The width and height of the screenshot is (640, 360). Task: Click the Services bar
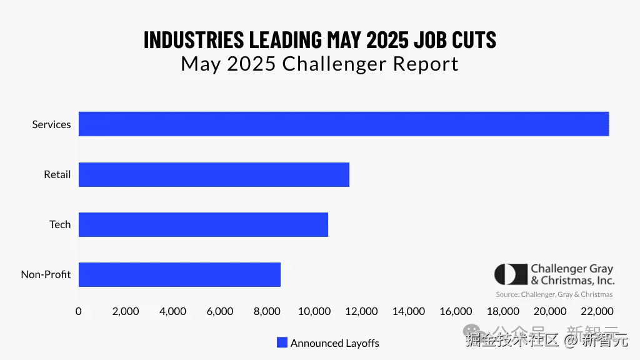343,124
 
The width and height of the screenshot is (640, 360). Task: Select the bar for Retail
214,174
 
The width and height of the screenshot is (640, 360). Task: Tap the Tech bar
203,224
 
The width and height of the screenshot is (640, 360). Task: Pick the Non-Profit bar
179,274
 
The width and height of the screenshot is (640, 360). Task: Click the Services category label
51,124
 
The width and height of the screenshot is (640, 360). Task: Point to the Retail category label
57,174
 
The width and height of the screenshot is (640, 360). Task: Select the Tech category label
60,224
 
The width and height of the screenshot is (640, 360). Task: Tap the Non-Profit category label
46,274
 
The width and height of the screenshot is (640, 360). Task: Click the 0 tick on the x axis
78,311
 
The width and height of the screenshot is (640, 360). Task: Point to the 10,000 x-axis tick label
314,311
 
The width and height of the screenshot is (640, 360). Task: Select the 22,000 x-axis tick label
597,311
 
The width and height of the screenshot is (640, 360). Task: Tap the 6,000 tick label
219,311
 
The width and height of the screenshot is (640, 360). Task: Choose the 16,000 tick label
456,311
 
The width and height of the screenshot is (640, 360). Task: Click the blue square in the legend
282,342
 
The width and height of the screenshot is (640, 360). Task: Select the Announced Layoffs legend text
334,343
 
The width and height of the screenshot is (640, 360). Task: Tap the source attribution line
554,294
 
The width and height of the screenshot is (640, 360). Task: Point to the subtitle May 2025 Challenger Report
319,64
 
